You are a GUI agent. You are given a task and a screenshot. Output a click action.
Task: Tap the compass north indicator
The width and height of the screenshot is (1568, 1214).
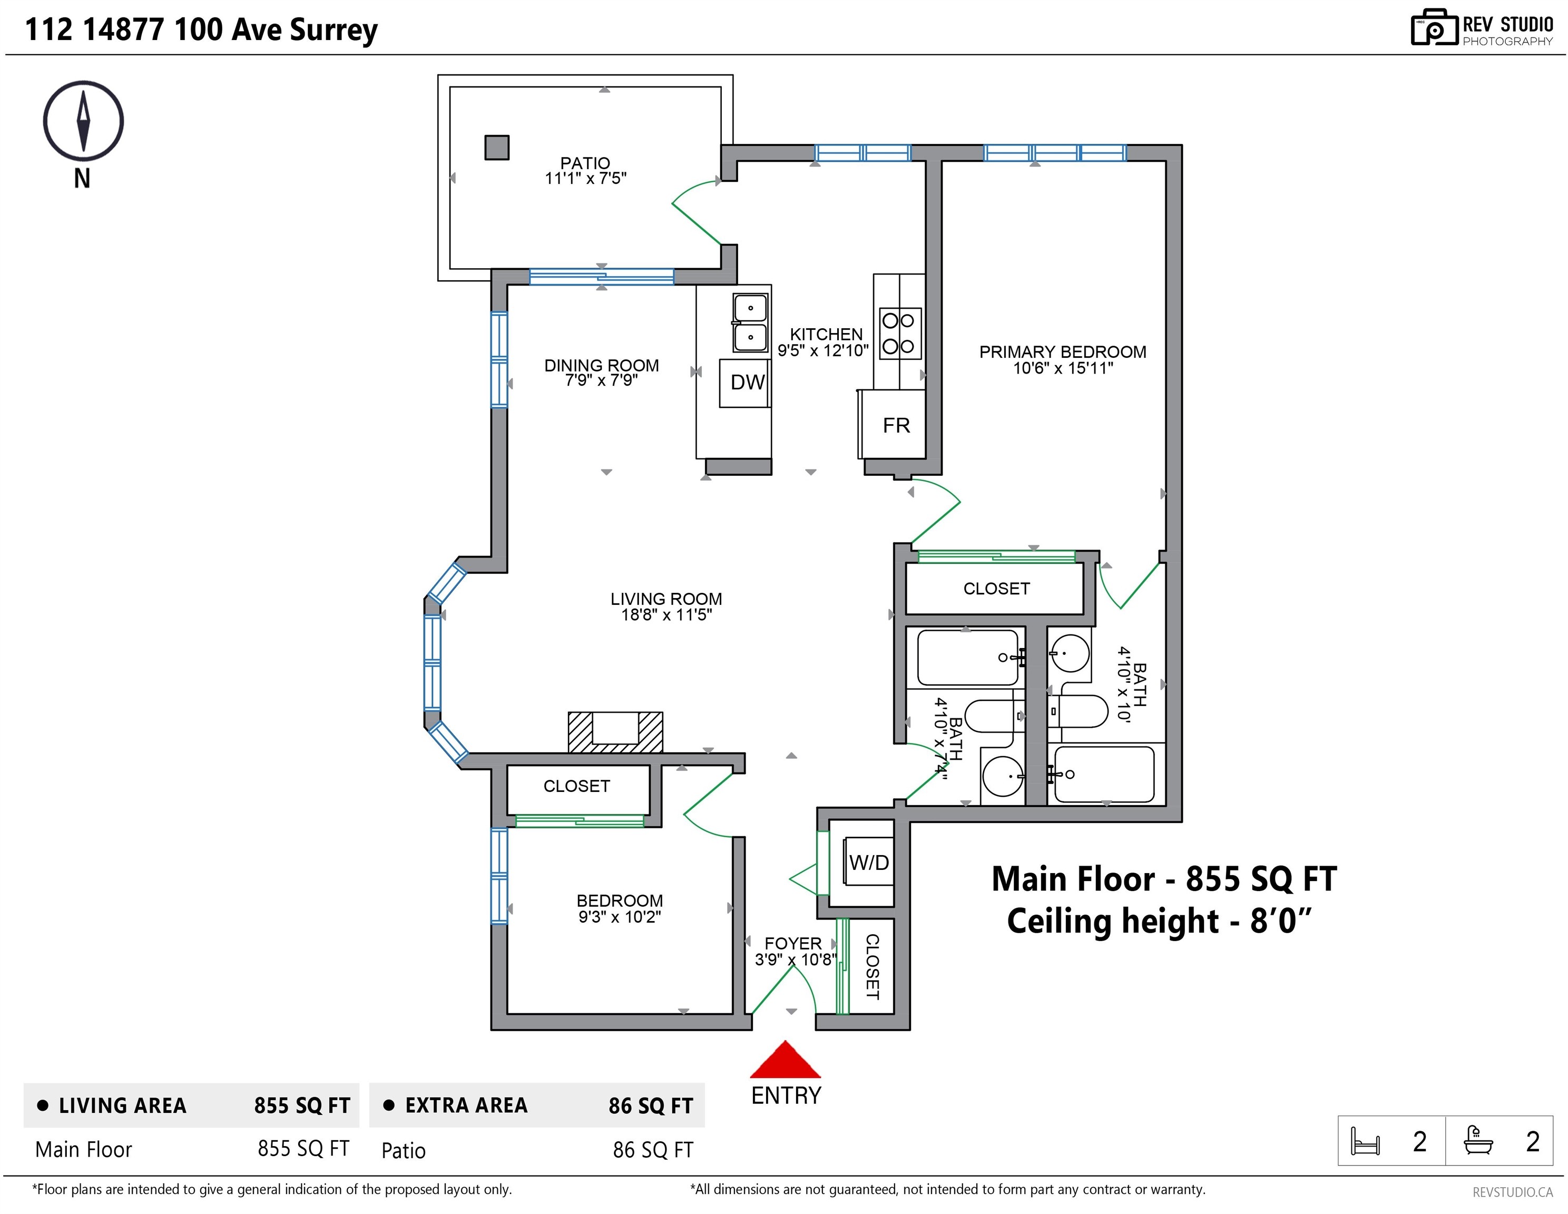pyautogui.click(x=83, y=121)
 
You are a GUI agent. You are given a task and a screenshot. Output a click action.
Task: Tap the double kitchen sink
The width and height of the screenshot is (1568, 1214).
pyautogui.click(x=750, y=322)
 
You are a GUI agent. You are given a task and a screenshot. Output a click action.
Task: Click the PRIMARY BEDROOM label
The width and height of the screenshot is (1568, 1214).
pyautogui.click(x=1063, y=352)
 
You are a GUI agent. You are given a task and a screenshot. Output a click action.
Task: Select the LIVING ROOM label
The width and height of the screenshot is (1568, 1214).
pyautogui.click(x=667, y=599)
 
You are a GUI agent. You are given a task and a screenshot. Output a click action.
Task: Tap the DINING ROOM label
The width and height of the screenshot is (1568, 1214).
pyautogui.click(x=601, y=366)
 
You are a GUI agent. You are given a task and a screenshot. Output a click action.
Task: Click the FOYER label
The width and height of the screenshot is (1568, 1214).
pyautogui.click(x=792, y=943)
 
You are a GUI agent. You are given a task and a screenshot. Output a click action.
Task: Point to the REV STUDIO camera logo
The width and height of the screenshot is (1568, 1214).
pyautogui.click(x=1434, y=28)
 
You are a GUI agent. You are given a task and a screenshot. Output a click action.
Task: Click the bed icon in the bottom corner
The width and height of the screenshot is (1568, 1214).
pyautogui.click(x=1365, y=1141)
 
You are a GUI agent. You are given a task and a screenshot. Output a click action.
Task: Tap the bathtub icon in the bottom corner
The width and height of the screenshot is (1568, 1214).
pyautogui.click(x=1478, y=1140)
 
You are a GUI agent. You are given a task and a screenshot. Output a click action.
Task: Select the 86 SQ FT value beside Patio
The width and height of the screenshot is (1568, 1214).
pyautogui.click(x=653, y=1150)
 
